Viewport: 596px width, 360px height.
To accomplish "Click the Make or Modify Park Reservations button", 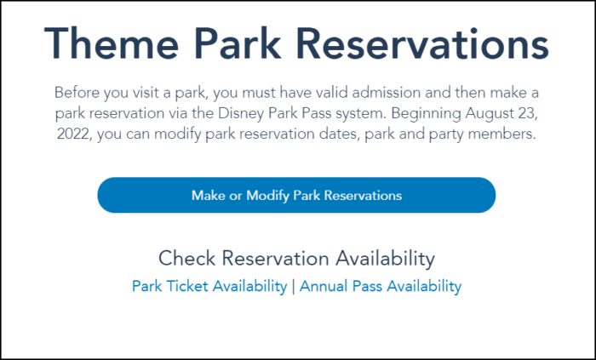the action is (296, 195).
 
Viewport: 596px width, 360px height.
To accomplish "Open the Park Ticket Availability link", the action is (209, 286).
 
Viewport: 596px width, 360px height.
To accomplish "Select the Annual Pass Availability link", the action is (381, 286).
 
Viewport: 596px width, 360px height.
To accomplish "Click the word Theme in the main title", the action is (112, 43).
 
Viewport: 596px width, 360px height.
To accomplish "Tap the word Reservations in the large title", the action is (426, 43).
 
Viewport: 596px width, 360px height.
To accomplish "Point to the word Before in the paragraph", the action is (77, 93).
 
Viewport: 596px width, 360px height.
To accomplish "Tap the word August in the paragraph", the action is (490, 114).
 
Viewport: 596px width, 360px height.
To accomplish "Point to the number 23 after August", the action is (529, 114).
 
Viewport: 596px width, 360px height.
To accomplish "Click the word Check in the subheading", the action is (187, 258).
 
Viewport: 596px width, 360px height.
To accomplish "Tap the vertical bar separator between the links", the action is (293, 286).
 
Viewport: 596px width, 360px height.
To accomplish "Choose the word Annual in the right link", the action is (324, 286).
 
